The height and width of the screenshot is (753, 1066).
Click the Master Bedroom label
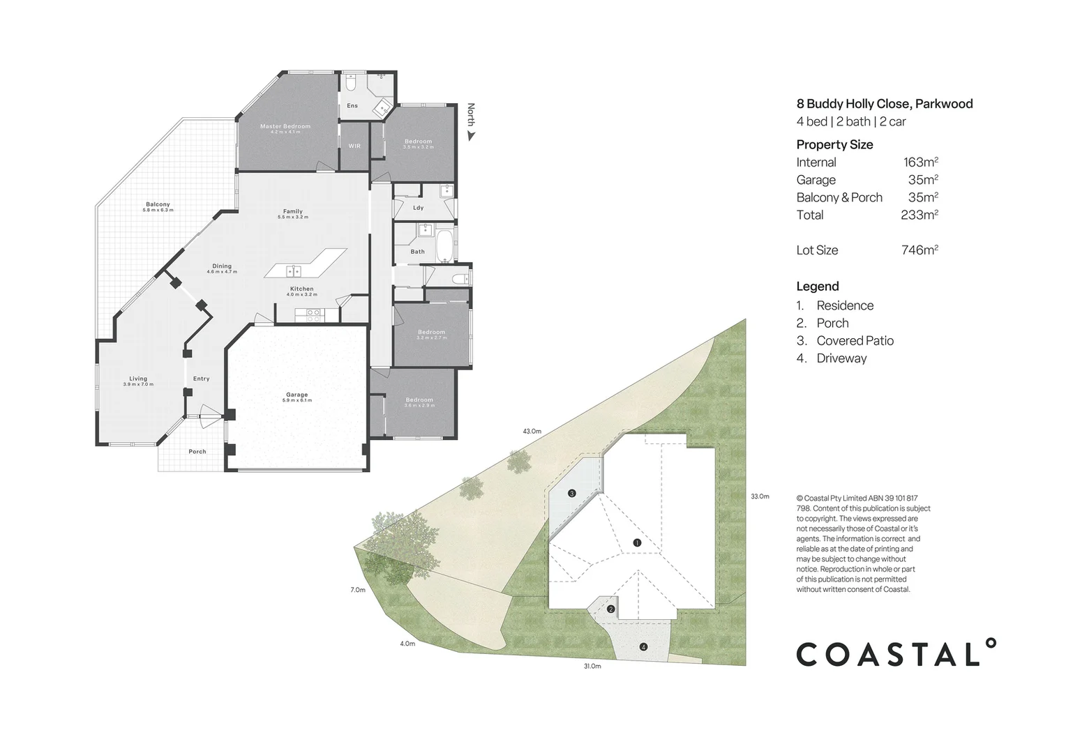(x=285, y=126)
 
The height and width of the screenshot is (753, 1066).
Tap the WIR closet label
(x=354, y=146)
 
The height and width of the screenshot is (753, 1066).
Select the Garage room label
(x=296, y=395)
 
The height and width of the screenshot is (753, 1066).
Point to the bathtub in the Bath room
(x=444, y=247)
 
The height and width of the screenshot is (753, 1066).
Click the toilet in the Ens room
(x=352, y=84)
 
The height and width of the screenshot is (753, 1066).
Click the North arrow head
(x=471, y=137)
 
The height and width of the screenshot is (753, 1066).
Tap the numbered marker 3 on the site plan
(x=572, y=494)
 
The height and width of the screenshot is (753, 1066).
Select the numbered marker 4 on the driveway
(x=643, y=647)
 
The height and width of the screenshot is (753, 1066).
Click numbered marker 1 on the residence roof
(x=636, y=542)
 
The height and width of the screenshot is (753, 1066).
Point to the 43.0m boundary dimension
(x=532, y=431)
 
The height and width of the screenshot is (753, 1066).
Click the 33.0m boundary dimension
(x=760, y=496)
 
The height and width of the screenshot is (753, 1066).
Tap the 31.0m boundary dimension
(x=592, y=666)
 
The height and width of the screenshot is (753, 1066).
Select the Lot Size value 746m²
(x=919, y=250)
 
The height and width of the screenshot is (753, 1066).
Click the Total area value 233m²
(x=919, y=215)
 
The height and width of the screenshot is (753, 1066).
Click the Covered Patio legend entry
(x=855, y=340)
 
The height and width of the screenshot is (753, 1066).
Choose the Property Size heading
(x=834, y=144)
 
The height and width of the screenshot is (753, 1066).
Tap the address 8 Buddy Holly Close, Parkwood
(x=884, y=104)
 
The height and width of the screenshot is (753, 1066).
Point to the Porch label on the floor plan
(x=197, y=451)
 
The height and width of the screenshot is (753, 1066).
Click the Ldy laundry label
(x=418, y=207)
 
